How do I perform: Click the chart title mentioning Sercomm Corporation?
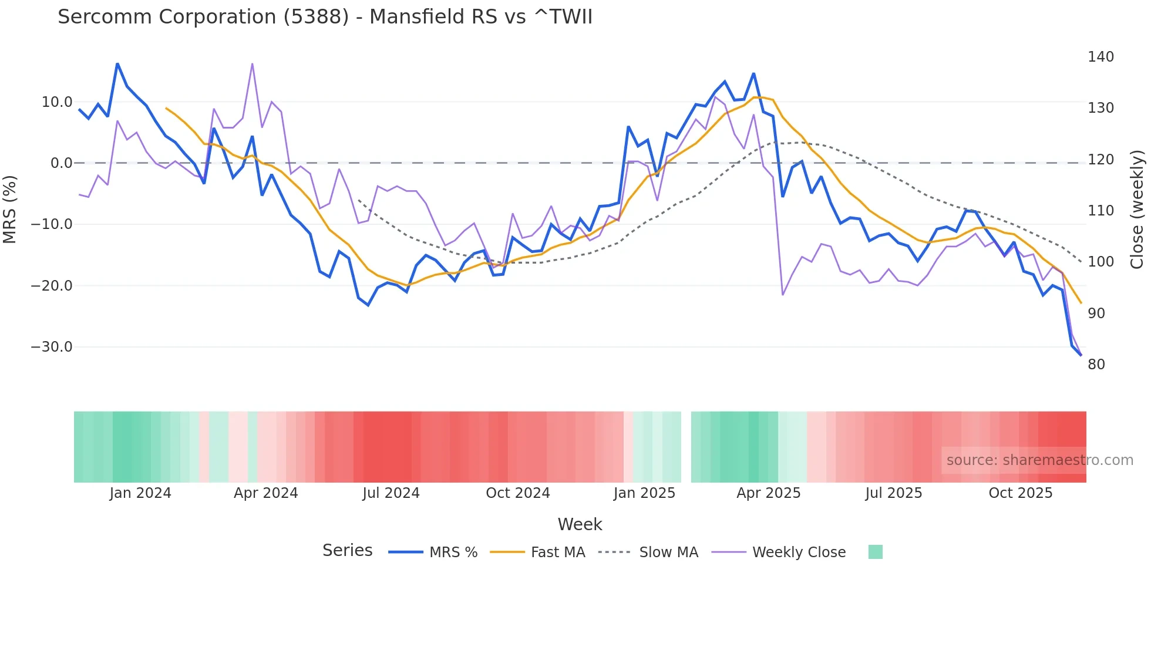click(325, 17)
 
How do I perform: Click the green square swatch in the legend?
click(875, 552)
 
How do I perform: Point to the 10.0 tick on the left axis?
click(57, 102)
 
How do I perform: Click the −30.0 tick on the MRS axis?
click(52, 347)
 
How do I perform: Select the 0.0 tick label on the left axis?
click(61, 163)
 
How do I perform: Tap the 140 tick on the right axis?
click(1100, 57)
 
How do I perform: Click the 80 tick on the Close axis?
click(1096, 365)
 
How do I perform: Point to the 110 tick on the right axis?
click(1100, 211)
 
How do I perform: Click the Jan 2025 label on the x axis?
click(644, 493)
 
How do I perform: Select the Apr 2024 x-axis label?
click(265, 493)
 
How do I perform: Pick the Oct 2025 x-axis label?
click(1020, 493)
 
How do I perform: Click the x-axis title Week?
click(580, 524)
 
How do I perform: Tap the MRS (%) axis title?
click(10, 209)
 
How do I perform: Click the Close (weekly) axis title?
click(1137, 209)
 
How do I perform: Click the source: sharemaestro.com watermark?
click(1039, 460)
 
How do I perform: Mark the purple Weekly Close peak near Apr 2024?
click(253, 64)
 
